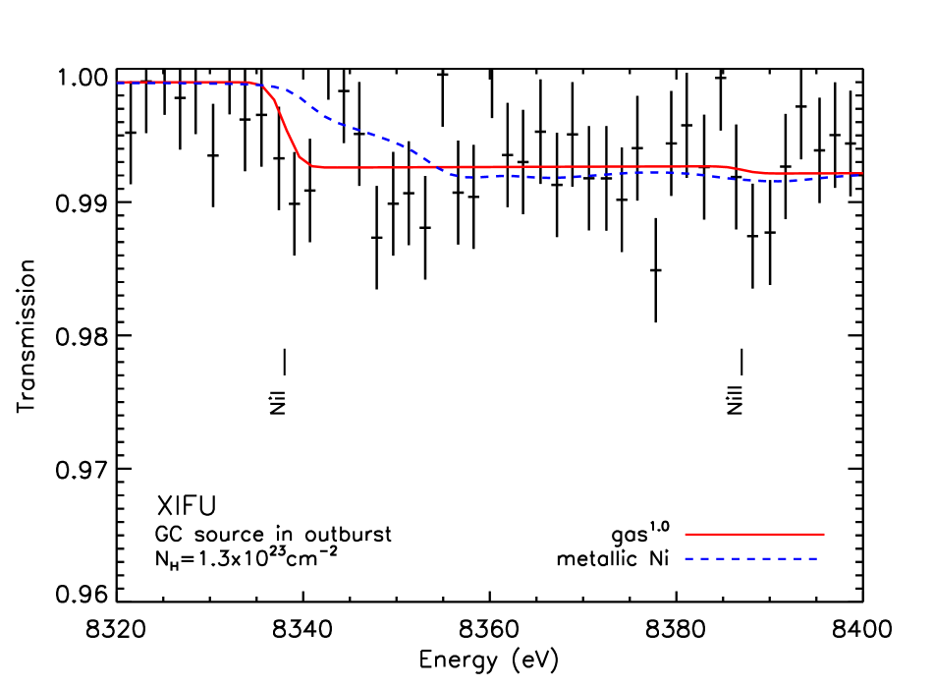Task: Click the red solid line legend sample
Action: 754,534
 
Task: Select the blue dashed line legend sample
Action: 751,558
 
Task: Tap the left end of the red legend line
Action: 686,534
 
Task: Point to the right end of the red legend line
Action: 823,534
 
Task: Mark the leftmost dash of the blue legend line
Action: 688,558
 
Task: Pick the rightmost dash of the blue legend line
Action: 812,558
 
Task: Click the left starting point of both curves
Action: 118,83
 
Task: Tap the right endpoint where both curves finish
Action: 861,174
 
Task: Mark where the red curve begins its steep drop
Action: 262,86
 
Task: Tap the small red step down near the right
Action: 746,170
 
